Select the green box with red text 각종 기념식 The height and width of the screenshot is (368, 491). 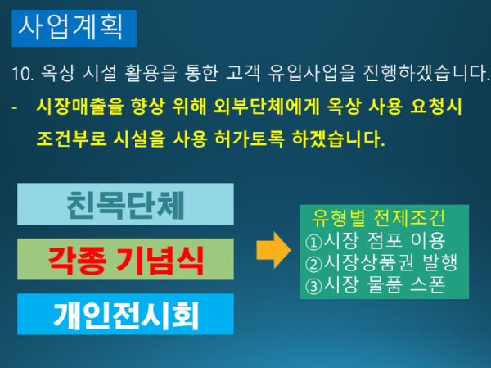[x=124, y=258]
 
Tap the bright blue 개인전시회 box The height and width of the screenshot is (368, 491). [x=124, y=315]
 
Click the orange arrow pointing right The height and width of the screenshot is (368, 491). [x=271, y=248]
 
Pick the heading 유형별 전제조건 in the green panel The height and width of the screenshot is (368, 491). [x=378, y=219]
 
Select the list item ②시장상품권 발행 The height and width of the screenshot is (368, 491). [x=380, y=262]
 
